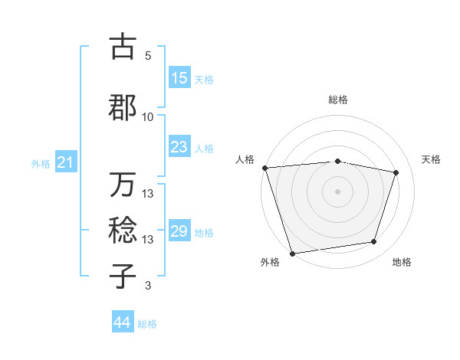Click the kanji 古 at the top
tap(123, 47)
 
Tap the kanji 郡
tap(123, 108)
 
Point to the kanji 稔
tap(123, 231)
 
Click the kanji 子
tap(123, 276)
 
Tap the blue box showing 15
tap(179, 78)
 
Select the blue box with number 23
tap(179, 147)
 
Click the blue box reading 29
tap(179, 231)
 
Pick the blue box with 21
tap(65, 162)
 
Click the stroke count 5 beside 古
tap(148, 56)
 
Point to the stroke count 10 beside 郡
tap(148, 117)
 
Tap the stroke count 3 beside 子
tap(148, 286)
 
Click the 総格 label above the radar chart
tap(338, 100)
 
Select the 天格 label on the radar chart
tap(432, 159)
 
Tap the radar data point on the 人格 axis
tap(264, 168)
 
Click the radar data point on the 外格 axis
tap(292, 252)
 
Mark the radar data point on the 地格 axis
tap(374, 242)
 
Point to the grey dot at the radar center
tap(338, 191)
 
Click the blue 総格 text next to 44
tap(147, 324)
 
